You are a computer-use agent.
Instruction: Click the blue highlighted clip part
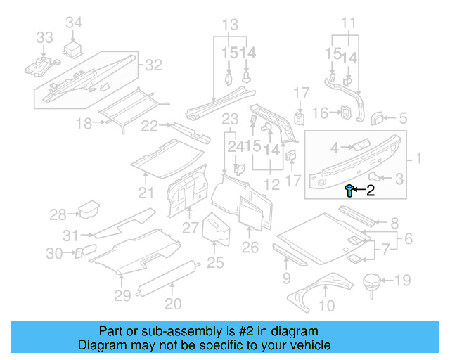349,189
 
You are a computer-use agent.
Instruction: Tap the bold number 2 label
371,189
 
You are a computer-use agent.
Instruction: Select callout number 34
75,23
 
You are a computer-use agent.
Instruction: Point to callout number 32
153,65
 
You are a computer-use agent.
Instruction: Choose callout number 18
84,124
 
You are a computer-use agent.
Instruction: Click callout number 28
58,214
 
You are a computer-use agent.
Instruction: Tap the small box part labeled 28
89,210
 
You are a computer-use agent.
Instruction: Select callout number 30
55,253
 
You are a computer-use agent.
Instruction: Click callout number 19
401,281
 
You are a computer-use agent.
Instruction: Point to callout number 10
327,305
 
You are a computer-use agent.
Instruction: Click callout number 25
215,262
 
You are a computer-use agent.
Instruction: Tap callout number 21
146,193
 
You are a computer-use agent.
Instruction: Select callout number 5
403,118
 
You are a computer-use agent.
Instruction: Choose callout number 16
320,112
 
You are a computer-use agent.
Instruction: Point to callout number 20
173,304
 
